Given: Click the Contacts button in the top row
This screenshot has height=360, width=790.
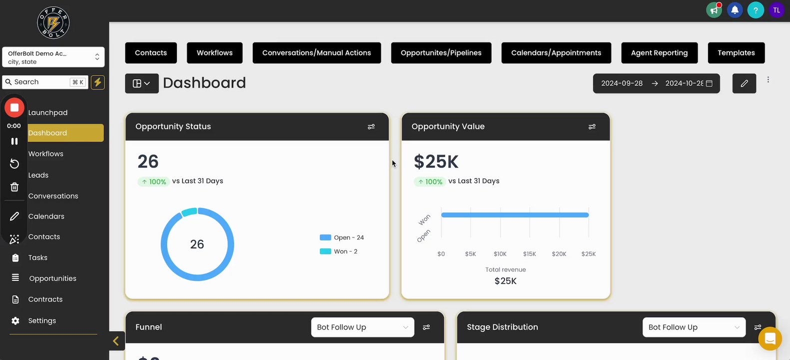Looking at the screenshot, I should pyautogui.click(x=151, y=53).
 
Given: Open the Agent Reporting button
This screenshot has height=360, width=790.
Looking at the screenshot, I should pyautogui.click(x=659, y=53).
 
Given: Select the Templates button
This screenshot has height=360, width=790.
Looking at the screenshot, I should pyautogui.click(x=736, y=53).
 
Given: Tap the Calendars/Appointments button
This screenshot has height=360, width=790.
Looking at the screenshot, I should pyautogui.click(x=556, y=53).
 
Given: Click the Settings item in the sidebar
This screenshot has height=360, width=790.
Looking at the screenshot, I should pyautogui.click(x=42, y=321).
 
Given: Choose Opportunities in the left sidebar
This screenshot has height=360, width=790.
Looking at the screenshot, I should pyautogui.click(x=52, y=278).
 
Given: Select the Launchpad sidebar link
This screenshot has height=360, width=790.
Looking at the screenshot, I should pyautogui.click(x=48, y=113).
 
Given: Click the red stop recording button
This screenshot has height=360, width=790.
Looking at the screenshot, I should pyautogui.click(x=14, y=107).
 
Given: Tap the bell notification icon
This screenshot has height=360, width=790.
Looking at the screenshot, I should pyautogui.click(x=735, y=10).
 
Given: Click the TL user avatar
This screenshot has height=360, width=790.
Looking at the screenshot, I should pyautogui.click(x=777, y=10).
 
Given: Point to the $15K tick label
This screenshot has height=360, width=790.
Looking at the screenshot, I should pyautogui.click(x=530, y=254).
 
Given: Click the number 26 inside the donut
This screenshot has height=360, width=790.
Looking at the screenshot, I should pyautogui.click(x=197, y=244).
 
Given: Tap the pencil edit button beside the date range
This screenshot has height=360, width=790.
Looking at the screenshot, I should pyautogui.click(x=744, y=83).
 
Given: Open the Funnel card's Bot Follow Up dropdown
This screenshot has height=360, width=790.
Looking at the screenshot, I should pyautogui.click(x=362, y=327).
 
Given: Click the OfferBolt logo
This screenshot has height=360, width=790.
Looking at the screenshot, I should pyautogui.click(x=53, y=23).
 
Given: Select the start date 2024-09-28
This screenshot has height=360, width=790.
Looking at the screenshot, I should pyautogui.click(x=622, y=83).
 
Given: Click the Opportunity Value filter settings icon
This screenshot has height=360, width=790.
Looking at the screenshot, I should pyautogui.click(x=592, y=127).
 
